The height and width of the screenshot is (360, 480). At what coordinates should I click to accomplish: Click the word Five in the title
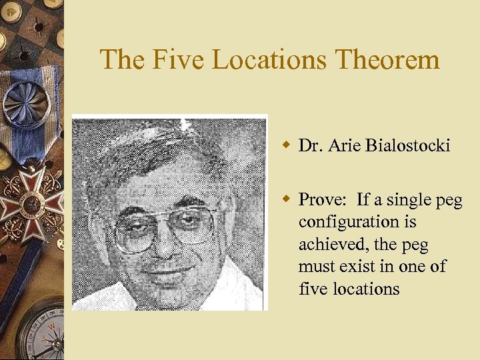[170, 60]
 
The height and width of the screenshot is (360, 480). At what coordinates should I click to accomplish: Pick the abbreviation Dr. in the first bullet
[310, 145]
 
